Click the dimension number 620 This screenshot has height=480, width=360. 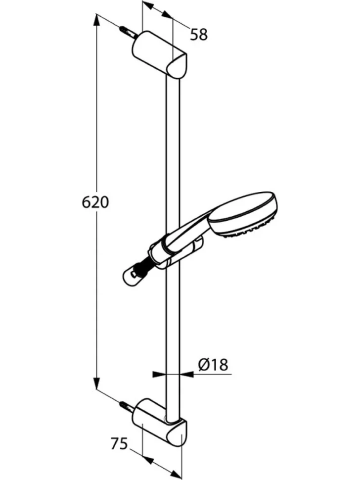(95, 202)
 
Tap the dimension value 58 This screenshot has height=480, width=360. (199, 34)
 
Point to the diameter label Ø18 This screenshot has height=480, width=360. (213, 365)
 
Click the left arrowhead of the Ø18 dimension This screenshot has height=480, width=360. (160, 374)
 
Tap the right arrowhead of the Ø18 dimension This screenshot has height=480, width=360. (186, 374)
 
